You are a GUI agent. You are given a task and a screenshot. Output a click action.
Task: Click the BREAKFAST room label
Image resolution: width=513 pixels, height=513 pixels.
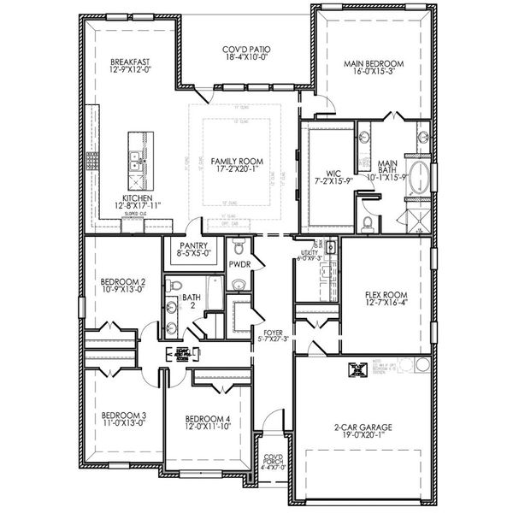tap(130, 62)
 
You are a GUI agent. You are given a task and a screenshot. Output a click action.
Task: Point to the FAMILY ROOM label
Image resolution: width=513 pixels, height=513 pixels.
tap(238, 161)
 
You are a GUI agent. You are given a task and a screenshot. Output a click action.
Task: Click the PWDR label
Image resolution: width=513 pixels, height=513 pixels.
tap(239, 265)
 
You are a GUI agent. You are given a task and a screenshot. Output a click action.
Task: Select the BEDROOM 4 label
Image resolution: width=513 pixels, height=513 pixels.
tap(208, 419)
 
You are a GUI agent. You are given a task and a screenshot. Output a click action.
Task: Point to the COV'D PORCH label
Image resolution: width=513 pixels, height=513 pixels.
tap(274, 460)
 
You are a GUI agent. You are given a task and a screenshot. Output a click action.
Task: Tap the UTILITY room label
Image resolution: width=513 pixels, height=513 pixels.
tap(308, 251)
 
